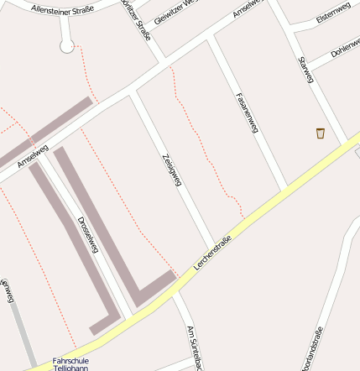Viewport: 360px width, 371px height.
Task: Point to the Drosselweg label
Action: coord(88,236)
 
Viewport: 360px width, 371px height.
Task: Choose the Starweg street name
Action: coord(305,70)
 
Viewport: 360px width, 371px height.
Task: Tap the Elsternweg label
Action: coord(333,18)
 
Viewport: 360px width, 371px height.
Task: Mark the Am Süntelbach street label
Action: coord(196,348)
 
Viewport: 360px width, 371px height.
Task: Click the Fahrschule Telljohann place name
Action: coord(70,363)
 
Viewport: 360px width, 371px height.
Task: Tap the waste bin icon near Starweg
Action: coord(320,133)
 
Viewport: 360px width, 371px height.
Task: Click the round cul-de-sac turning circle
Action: coord(67,46)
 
